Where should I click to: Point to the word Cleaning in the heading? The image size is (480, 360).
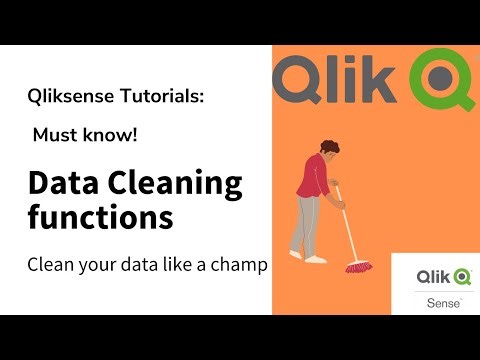(176, 183)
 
